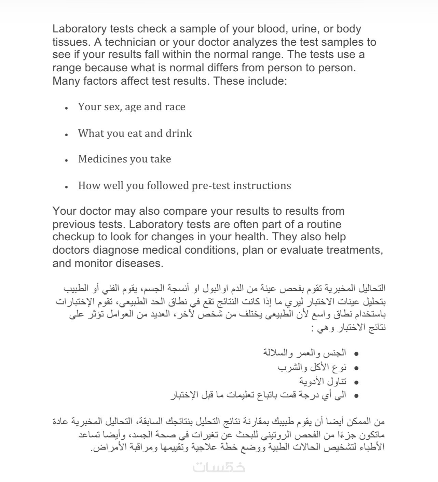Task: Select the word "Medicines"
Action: (100, 159)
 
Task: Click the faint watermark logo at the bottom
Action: (219, 467)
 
